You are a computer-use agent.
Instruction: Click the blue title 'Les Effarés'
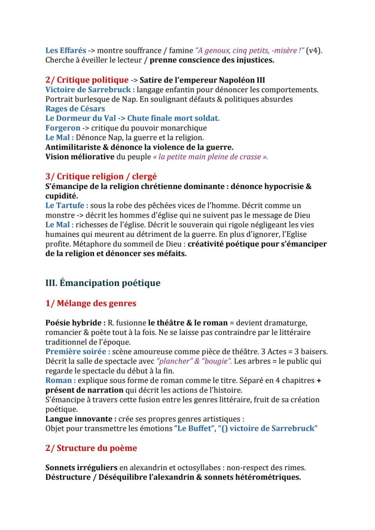[x=66, y=51]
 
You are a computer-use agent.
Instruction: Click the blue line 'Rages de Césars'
[x=75, y=109]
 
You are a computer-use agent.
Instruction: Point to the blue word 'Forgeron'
[x=63, y=128]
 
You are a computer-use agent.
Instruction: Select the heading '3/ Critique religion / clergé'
[x=101, y=177]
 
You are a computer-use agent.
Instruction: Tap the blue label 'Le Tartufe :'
[x=67, y=205]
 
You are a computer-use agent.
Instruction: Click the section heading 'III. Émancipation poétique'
[x=103, y=283]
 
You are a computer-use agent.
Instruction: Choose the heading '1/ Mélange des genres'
[x=91, y=303]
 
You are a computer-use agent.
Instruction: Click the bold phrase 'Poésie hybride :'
[x=76, y=323]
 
